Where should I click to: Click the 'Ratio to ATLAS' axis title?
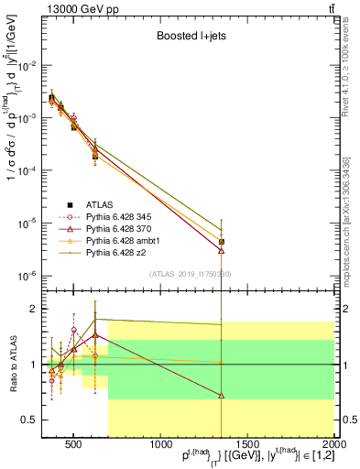(12, 365)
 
